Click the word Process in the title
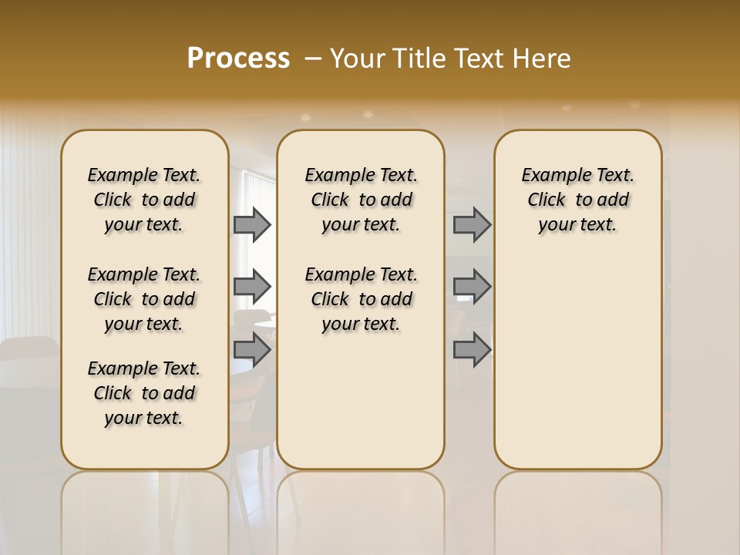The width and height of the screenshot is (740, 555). tap(238, 59)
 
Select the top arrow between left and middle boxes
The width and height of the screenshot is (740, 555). tap(252, 224)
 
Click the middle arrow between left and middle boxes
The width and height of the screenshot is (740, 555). tap(252, 287)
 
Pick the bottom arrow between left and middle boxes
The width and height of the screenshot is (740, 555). tap(252, 349)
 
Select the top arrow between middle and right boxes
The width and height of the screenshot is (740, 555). tap(472, 224)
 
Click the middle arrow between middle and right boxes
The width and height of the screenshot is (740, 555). tap(472, 287)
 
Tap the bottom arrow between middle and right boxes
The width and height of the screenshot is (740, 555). tap(472, 349)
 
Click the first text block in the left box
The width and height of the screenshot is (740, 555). tap(144, 200)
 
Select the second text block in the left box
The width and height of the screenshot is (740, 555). tap(144, 299)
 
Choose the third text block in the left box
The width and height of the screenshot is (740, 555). tap(144, 393)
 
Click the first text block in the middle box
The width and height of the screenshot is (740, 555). tap(361, 200)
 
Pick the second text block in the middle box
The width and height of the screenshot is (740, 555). tap(361, 299)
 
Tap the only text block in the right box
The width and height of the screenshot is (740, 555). tap(577, 200)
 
